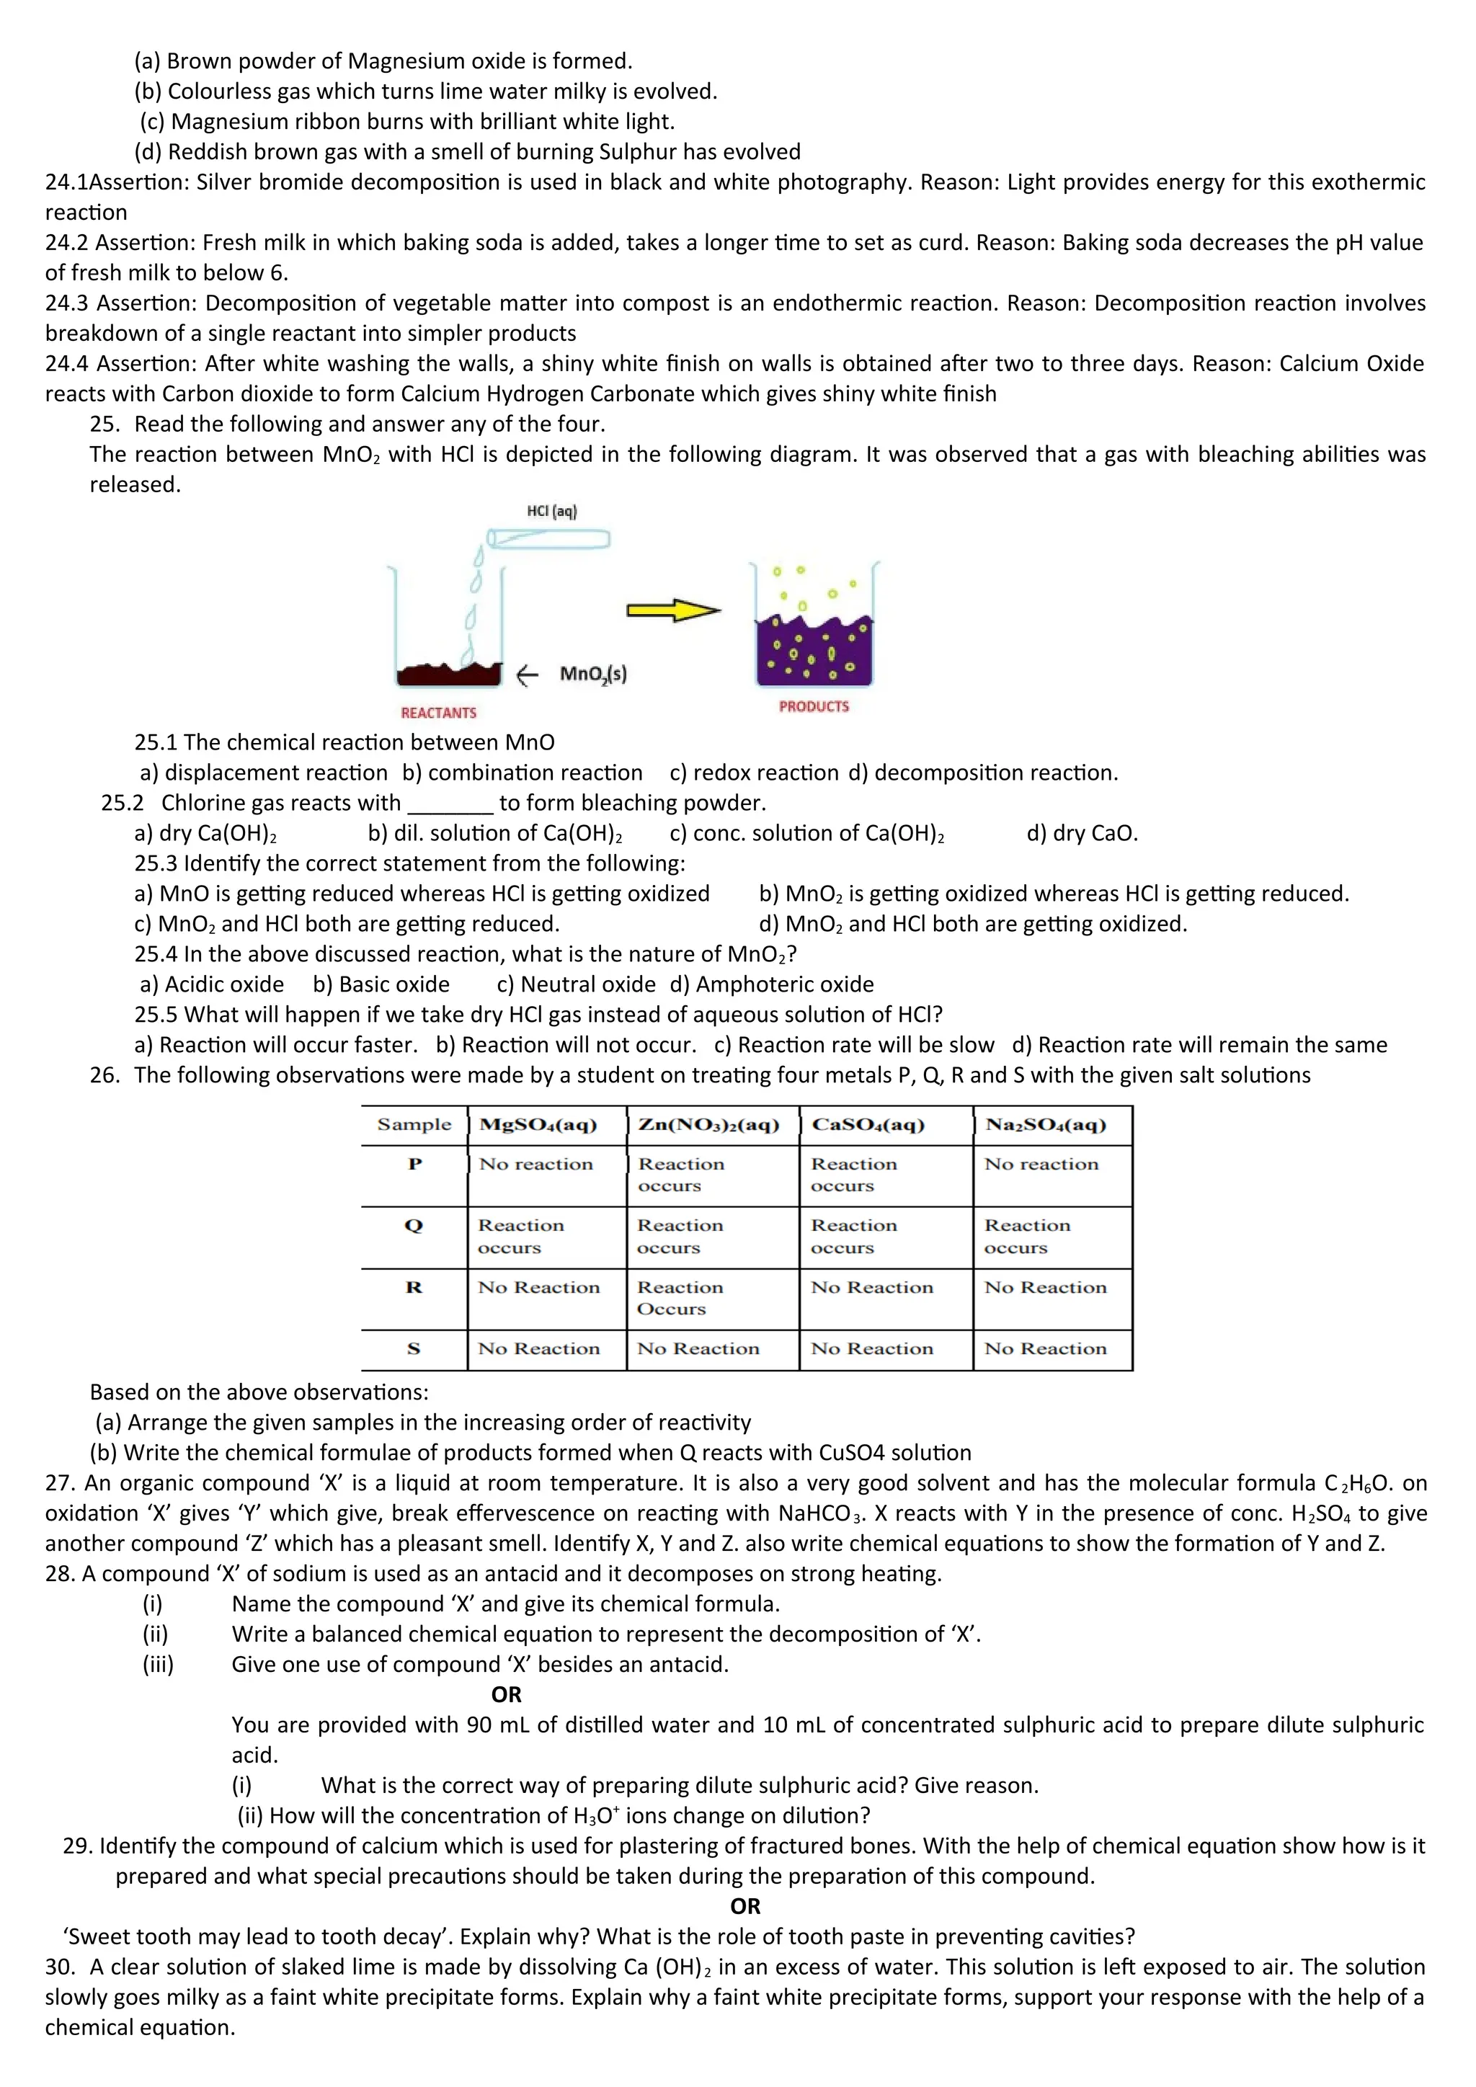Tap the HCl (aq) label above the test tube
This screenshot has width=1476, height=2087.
[551, 511]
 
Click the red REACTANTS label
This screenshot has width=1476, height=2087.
[438, 713]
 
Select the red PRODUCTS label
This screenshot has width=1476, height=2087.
[814, 706]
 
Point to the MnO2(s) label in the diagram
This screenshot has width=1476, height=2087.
[592, 674]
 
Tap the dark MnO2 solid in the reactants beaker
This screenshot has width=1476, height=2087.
[448, 674]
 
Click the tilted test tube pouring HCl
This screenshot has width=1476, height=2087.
[548, 539]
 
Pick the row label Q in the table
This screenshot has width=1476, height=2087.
[414, 1225]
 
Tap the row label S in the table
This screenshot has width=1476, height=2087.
[414, 1349]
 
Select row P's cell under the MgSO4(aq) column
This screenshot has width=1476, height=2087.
[536, 1165]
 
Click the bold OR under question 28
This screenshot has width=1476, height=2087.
[506, 1694]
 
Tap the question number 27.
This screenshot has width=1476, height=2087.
[59, 1483]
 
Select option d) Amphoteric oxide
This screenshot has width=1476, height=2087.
[772, 984]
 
